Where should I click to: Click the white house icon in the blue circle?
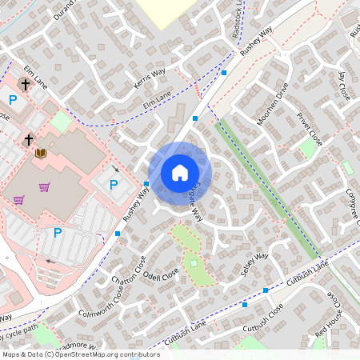pos(180,173)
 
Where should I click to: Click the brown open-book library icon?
pos(41,153)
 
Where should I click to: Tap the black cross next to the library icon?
pos(29,140)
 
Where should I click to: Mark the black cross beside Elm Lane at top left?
pos(25,83)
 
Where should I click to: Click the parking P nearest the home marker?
pos(113,185)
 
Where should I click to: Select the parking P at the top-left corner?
pos(12,99)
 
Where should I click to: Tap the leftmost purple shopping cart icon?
pos(18,199)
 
